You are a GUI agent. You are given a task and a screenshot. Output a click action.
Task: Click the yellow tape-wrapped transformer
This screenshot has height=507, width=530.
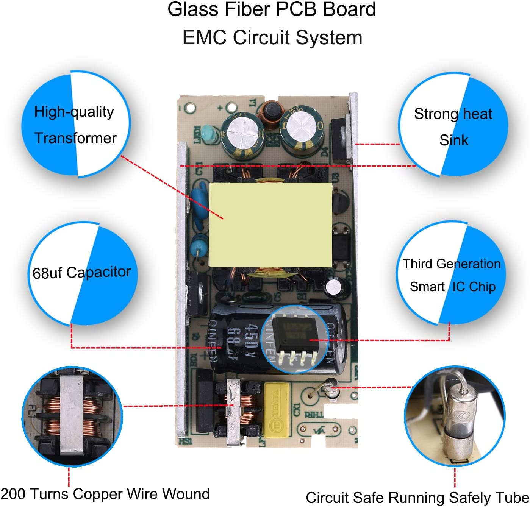click(270, 224)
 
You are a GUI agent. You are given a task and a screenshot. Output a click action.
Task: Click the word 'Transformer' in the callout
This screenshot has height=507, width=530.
click(75, 138)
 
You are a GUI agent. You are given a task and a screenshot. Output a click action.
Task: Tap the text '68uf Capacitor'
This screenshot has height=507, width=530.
click(81, 273)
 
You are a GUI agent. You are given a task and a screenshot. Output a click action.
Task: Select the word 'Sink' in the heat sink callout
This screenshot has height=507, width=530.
click(454, 140)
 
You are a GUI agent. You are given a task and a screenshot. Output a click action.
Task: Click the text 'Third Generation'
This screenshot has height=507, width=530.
click(451, 264)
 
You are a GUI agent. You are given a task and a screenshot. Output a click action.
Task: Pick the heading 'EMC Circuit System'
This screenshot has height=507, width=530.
click(272, 38)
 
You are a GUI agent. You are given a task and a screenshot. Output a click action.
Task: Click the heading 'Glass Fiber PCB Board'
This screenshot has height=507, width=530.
click(272, 9)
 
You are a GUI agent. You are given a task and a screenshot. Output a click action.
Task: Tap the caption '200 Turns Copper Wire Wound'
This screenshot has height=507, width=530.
click(105, 494)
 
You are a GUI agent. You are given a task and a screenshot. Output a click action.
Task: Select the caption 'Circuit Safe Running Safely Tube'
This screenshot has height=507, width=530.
click(417, 498)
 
